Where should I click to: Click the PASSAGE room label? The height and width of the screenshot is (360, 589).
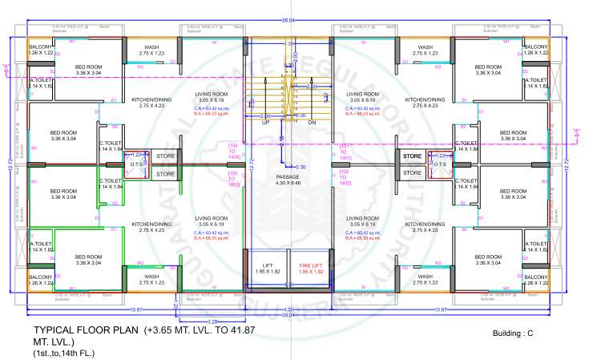[x=287, y=175]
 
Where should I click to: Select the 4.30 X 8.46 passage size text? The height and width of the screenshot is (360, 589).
[x=287, y=183]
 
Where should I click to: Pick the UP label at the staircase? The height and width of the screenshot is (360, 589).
[x=265, y=122]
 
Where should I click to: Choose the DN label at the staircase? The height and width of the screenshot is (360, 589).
[x=312, y=122]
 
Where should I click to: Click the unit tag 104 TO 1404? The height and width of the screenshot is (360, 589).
[x=234, y=149]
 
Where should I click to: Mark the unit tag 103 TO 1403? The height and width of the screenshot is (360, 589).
[x=234, y=179]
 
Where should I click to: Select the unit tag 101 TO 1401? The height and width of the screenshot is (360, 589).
[x=345, y=149]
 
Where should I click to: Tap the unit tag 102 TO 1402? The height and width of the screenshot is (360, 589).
[x=345, y=179]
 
